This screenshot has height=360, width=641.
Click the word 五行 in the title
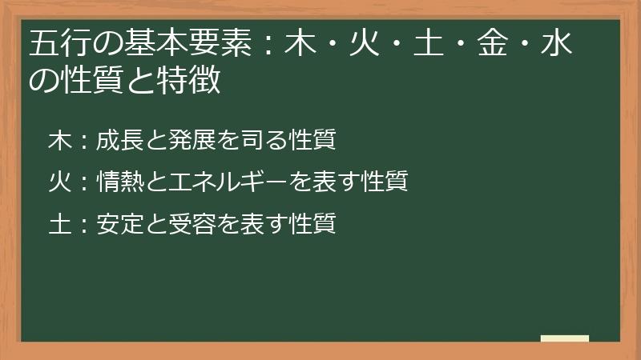coord(57,45)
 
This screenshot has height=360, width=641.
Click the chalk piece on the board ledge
coord(565,338)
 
